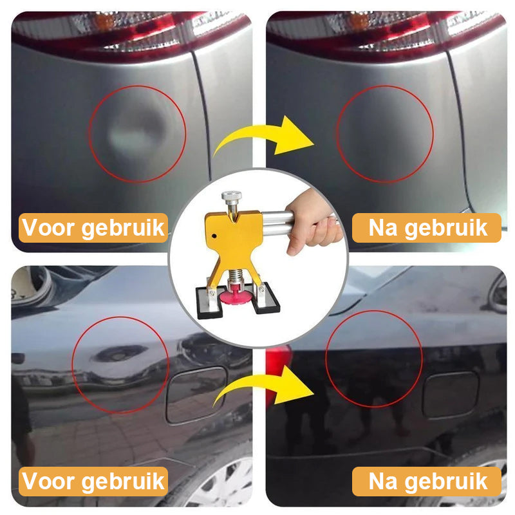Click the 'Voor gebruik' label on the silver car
coord(94,228)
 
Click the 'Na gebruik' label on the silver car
coord(426,228)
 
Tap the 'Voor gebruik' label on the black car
coord(94,482)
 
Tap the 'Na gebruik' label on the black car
coord(426,482)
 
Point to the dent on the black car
coord(119,353)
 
